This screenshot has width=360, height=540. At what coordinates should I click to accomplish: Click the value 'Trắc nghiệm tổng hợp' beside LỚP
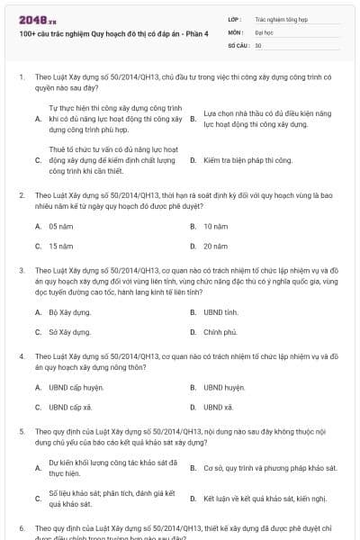click(278, 18)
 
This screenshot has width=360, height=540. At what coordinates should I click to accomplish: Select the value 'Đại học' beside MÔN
click(265, 31)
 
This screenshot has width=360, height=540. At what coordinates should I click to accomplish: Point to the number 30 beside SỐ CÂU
click(258, 44)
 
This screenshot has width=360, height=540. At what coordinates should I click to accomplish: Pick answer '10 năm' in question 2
click(214, 227)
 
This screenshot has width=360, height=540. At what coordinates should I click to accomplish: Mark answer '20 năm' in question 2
click(214, 246)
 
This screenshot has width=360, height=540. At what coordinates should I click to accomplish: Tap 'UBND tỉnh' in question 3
click(220, 312)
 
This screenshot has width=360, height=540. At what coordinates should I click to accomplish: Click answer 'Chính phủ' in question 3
click(220, 331)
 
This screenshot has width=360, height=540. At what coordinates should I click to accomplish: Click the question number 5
click(22, 432)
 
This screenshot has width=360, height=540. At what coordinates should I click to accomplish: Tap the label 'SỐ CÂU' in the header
click(238, 44)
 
